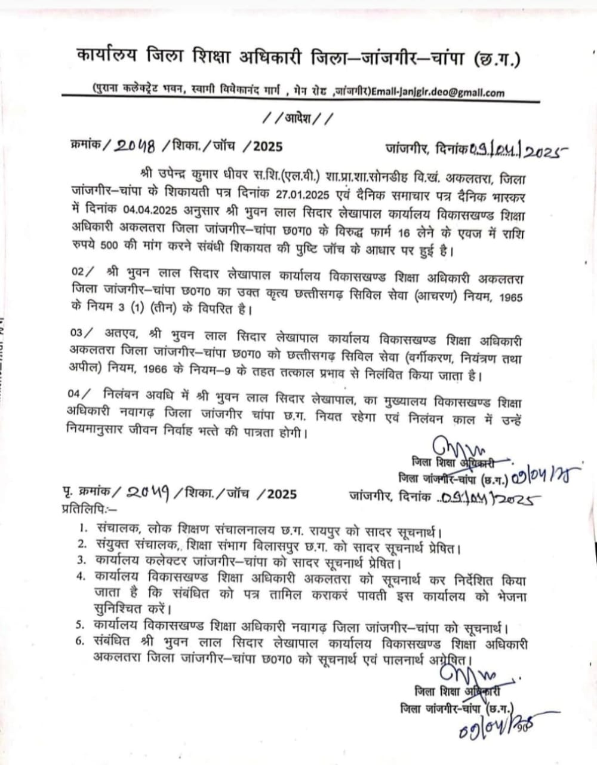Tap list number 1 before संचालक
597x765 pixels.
tap(83, 529)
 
